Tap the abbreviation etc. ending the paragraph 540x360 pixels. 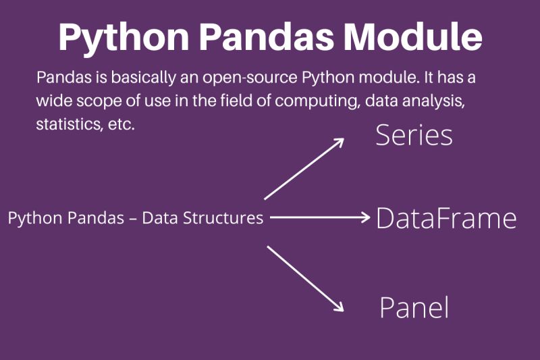click(x=122, y=126)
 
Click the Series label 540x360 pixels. click(x=414, y=136)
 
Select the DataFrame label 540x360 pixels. click(x=446, y=218)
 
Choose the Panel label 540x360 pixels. click(x=414, y=308)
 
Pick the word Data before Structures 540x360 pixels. click(x=159, y=219)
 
